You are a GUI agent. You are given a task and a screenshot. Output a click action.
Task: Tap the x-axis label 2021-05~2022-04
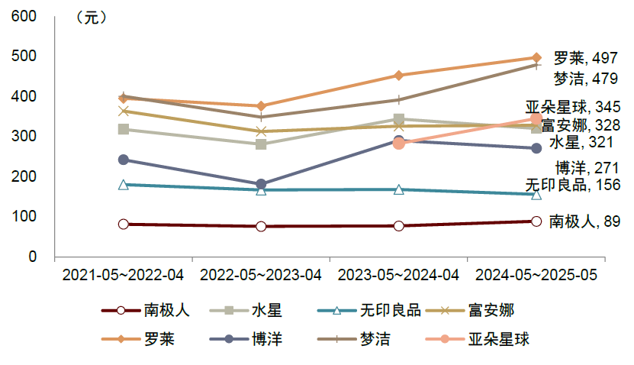click(123, 275)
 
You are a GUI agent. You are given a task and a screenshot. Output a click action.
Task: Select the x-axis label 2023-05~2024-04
click(398, 275)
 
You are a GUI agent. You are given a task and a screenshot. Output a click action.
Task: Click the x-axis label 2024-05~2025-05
click(536, 275)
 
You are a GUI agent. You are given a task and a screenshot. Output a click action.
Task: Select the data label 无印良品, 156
click(572, 185)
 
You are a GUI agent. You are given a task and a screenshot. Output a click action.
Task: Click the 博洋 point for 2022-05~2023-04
click(261, 184)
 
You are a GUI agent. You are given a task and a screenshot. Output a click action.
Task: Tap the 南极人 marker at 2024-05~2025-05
click(536, 221)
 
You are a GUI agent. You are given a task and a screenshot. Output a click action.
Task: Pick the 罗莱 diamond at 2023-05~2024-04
click(398, 75)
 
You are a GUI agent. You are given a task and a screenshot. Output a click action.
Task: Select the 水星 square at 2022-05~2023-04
click(261, 144)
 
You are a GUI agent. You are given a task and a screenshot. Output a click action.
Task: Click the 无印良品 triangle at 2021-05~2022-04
click(124, 184)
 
